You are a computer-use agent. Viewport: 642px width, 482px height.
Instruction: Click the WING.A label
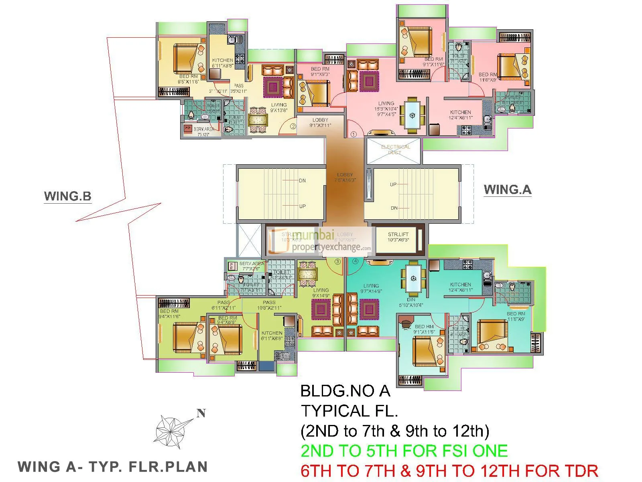[508, 190]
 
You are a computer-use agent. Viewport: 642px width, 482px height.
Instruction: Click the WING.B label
[68, 196]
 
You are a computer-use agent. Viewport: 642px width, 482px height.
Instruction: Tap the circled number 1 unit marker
[354, 135]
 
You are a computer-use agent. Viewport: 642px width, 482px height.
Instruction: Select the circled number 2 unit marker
[293, 127]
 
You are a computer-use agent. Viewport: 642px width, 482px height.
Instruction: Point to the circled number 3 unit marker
[337, 261]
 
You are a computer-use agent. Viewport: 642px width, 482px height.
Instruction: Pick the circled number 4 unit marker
[356, 261]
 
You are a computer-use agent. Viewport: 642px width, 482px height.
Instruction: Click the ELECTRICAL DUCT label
[395, 149]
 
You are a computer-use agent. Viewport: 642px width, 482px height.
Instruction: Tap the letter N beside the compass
[201, 413]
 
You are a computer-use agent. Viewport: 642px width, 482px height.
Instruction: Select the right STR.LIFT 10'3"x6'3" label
[398, 237]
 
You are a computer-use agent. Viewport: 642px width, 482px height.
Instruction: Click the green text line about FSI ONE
[404, 451]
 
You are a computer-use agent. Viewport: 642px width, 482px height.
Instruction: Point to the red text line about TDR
[449, 470]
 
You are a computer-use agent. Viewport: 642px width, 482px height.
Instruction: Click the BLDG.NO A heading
[345, 390]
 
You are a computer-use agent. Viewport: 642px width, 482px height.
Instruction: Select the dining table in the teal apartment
[413, 278]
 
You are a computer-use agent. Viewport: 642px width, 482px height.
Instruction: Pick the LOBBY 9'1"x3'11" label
[320, 123]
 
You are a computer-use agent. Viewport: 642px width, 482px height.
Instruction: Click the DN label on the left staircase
[302, 181]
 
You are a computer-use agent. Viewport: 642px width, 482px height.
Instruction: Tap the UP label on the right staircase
[393, 184]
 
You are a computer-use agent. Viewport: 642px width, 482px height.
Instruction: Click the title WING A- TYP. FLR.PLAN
[113, 467]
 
